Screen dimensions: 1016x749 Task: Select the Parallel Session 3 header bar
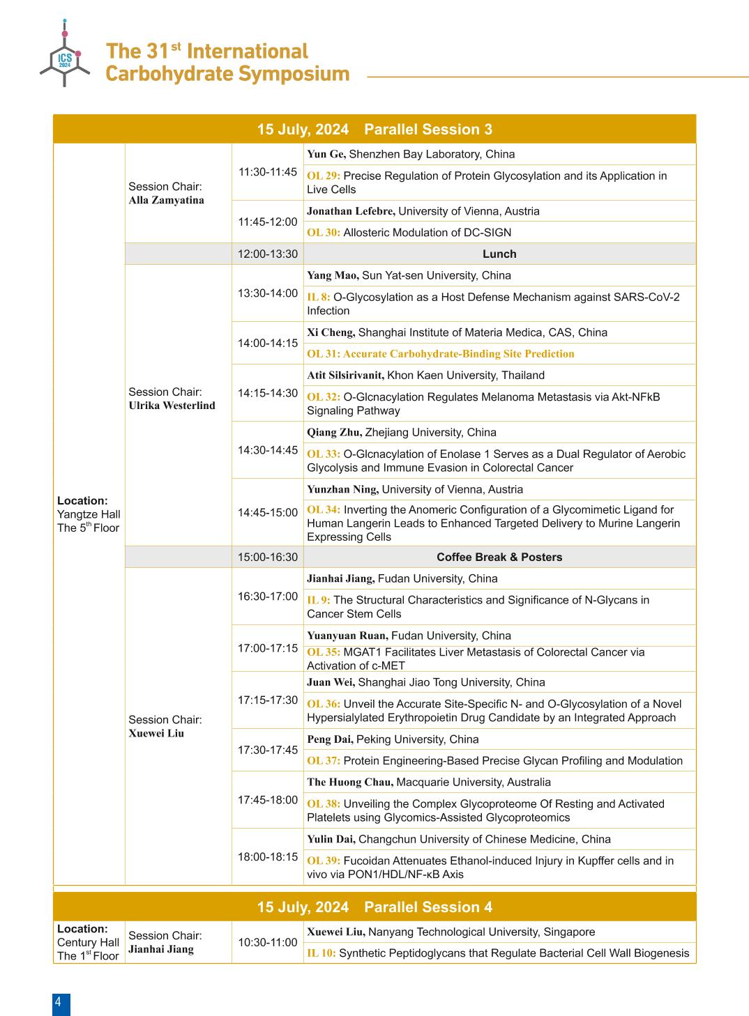click(x=374, y=129)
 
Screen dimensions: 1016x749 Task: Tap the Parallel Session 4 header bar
click(x=374, y=907)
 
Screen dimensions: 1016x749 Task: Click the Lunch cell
click(x=499, y=254)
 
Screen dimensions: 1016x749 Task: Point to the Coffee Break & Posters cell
click(x=499, y=557)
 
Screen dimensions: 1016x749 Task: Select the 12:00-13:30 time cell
click(x=268, y=254)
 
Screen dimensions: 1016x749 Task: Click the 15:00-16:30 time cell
click(x=268, y=557)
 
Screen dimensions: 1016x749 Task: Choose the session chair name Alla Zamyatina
click(x=167, y=200)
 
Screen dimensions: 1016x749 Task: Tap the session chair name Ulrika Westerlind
click(x=172, y=406)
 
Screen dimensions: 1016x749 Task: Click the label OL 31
click(x=324, y=354)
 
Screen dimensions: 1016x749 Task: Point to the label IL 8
click(x=319, y=297)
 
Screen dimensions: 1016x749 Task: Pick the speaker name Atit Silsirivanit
click(x=345, y=376)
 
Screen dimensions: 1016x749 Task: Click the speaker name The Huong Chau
click(x=350, y=783)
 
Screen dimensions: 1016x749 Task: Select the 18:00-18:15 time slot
click(x=268, y=856)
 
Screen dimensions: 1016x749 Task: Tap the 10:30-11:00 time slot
click(x=268, y=942)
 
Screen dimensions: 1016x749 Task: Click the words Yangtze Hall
click(x=89, y=514)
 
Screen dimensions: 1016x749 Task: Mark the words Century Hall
click(x=89, y=942)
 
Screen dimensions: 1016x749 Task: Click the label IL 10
click(x=321, y=953)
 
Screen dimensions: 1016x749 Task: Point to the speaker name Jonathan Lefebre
click(x=351, y=211)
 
